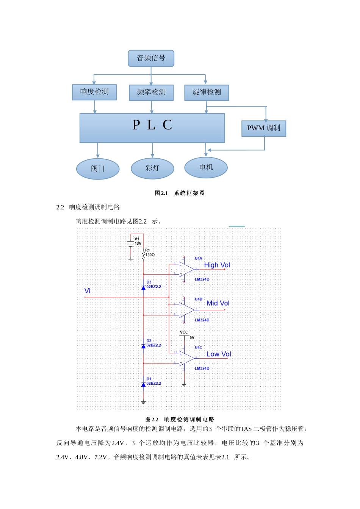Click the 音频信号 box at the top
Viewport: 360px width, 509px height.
click(151, 58)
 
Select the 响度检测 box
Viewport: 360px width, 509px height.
click(94, 92)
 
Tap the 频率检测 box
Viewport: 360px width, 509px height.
click(151, 92)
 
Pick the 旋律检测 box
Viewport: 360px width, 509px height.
click(207, 92)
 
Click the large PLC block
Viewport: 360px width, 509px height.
click(152, 128)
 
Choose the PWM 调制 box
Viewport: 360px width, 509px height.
click(263, 128)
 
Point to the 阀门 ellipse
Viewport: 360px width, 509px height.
click(98, 169)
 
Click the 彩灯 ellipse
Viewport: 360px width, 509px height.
click(152, 168)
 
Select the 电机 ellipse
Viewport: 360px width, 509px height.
click(206, 167)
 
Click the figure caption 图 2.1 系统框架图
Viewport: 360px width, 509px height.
click(180, 193)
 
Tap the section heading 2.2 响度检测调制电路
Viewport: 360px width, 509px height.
click(88, 207)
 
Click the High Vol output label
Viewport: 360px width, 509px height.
click(217, 265)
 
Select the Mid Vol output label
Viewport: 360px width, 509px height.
click(218, 303)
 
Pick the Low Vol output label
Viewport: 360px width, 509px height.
click(219, 354)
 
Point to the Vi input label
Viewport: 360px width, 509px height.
click(88, 291)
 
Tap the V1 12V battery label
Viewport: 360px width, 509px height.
click(138, 241)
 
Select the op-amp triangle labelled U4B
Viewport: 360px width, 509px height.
click(186, 310)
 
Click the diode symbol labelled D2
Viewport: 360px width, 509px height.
click(143, 346)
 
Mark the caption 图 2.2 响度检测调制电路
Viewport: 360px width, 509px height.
click(180, 419)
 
